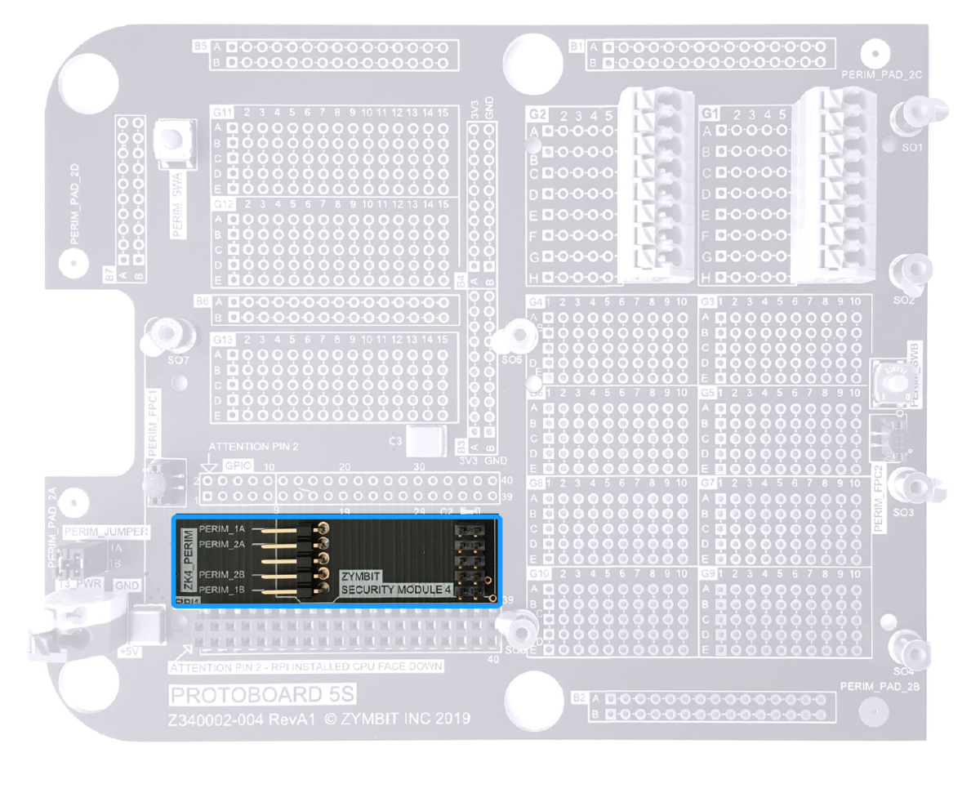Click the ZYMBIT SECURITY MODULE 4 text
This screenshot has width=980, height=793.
396,582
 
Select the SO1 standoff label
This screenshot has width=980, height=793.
911,148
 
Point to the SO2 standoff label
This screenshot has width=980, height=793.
903,301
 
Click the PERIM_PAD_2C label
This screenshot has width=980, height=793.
881,74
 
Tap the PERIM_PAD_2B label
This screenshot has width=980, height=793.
880,687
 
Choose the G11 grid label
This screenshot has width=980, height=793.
222,112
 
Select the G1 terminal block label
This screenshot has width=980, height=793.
711,115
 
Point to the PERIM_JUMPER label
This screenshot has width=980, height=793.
106,532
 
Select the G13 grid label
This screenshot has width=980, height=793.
222,339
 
